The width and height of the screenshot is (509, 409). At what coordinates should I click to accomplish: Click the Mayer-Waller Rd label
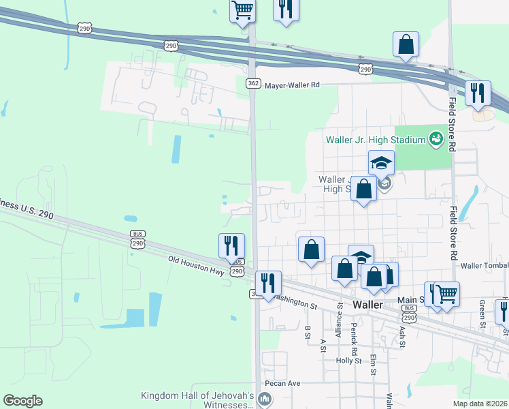click(x=292, y=85)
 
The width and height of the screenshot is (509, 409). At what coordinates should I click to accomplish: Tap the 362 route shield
click(x=252, y=83)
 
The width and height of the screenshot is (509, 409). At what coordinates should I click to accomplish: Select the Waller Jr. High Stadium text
click(x=375, y=140)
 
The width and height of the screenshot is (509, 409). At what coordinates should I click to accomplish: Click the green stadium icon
click(x=436, y=140)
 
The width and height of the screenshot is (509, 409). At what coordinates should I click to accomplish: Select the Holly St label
click(x=348, y=361)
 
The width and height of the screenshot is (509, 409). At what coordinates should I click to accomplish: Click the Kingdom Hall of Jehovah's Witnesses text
click(x=197, y=399)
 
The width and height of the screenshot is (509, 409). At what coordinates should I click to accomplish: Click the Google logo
click(x=22, y=401)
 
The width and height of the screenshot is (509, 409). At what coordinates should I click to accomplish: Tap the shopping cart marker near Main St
click(x=446, y=294)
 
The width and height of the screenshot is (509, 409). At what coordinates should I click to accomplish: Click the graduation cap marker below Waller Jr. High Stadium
click(x=382, y=162)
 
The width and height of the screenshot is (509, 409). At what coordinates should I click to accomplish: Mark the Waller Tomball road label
click(x=485, y=265)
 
